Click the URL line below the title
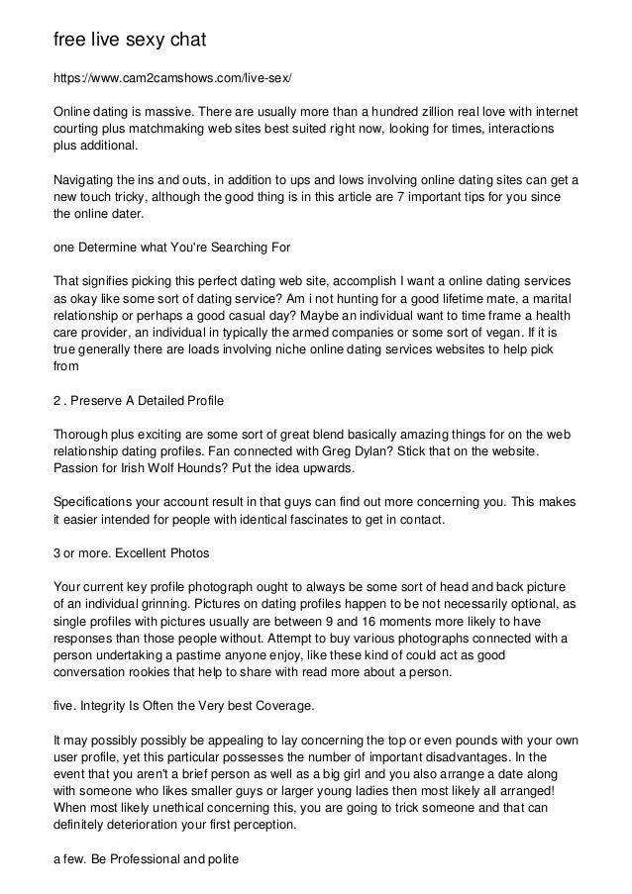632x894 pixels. tap(172, 77)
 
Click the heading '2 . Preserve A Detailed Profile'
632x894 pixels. tap(138, 400)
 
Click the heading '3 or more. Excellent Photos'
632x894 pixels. tap(129, 552)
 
